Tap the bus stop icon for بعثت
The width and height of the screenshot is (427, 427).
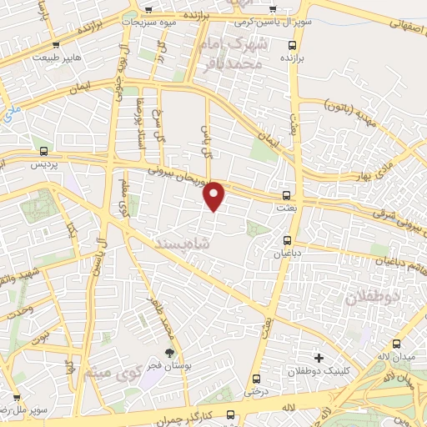coord(288,188)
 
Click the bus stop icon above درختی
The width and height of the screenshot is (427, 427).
coord(257,376)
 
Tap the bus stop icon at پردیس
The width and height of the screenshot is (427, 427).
coord(43,152)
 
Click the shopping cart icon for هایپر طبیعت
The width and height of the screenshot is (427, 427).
coord(56,47)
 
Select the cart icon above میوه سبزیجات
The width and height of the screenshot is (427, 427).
coord(148,10)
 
